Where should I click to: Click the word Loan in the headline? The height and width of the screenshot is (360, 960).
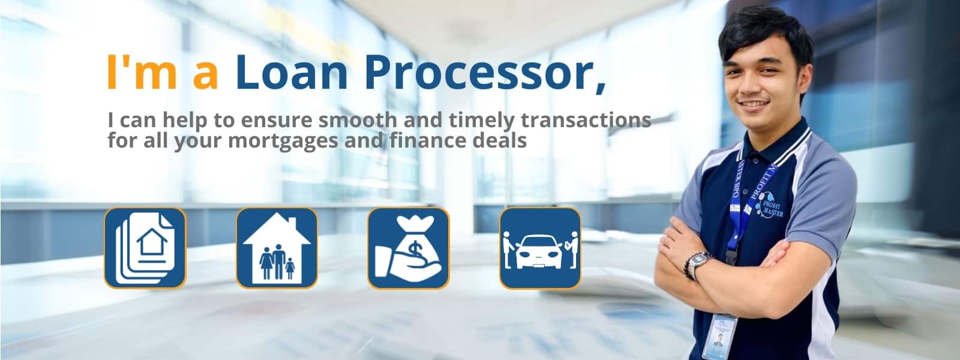click(x=292, y=72)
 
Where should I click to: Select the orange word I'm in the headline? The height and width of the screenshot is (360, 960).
click(x=142, y=72)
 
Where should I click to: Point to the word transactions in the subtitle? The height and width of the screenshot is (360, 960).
click(x=586, y=120)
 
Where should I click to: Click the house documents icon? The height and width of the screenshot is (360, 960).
click(x=145, y=248)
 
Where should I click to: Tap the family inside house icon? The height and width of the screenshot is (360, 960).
click(x=277, y=248)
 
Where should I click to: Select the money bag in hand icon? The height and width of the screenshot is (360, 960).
click(x=408, y=248)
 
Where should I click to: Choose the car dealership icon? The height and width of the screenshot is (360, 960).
click(x=540, y=248)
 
